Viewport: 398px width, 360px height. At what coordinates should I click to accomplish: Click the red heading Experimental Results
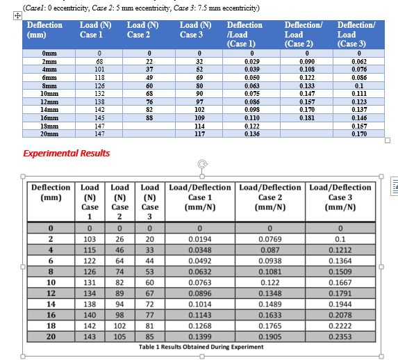click(x=66, y=153)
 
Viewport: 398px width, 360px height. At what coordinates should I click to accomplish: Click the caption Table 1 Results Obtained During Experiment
click(x=201, y=347)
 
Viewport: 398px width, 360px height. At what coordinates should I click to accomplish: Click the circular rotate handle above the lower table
click(x=202, y=164)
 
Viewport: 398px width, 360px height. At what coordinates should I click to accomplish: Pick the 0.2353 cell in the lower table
click(x=340, y=336)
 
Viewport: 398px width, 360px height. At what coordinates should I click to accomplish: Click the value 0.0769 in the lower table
click(x=270, y=238)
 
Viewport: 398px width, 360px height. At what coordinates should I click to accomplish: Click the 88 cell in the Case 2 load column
click(x=149, y=117)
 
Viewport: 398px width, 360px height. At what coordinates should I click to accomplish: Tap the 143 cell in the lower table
click(x=90, y=336)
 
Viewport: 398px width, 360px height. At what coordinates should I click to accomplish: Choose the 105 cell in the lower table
click(x=119, y=336)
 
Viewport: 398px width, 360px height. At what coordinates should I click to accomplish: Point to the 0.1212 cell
click(x=340, y=249)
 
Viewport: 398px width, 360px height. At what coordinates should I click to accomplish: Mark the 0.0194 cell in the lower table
click(x=200, y=238)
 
